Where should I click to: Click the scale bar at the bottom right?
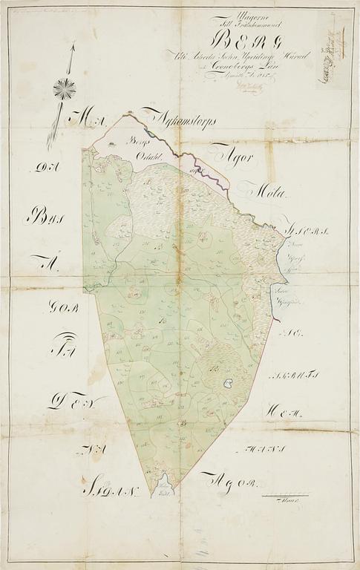287,494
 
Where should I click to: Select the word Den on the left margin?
68,402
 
